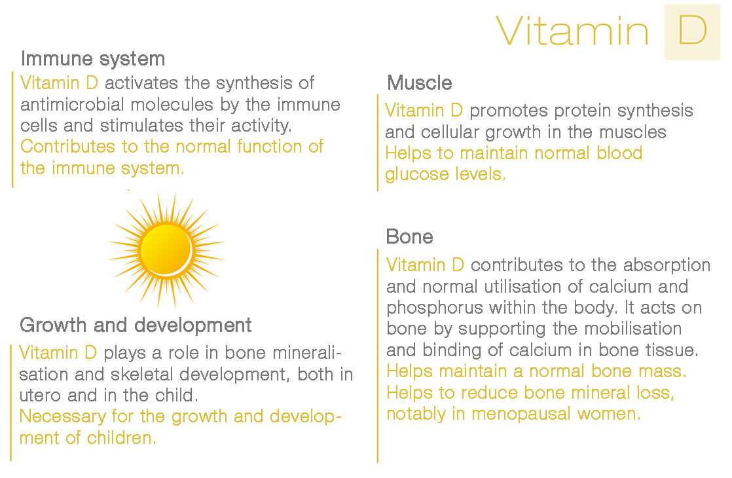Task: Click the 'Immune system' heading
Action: pos(93,60)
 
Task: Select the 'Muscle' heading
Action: pos(420,83)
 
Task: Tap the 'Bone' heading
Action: pos(409,236)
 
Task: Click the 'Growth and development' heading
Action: pos(136,325)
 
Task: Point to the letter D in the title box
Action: pos(692,31)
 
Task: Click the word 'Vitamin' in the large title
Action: pos(572,31)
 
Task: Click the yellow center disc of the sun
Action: pos(166,248)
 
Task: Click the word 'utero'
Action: pos(40,396)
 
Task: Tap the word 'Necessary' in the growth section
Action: pos(63,417)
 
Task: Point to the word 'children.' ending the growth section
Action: pos(121,438)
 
